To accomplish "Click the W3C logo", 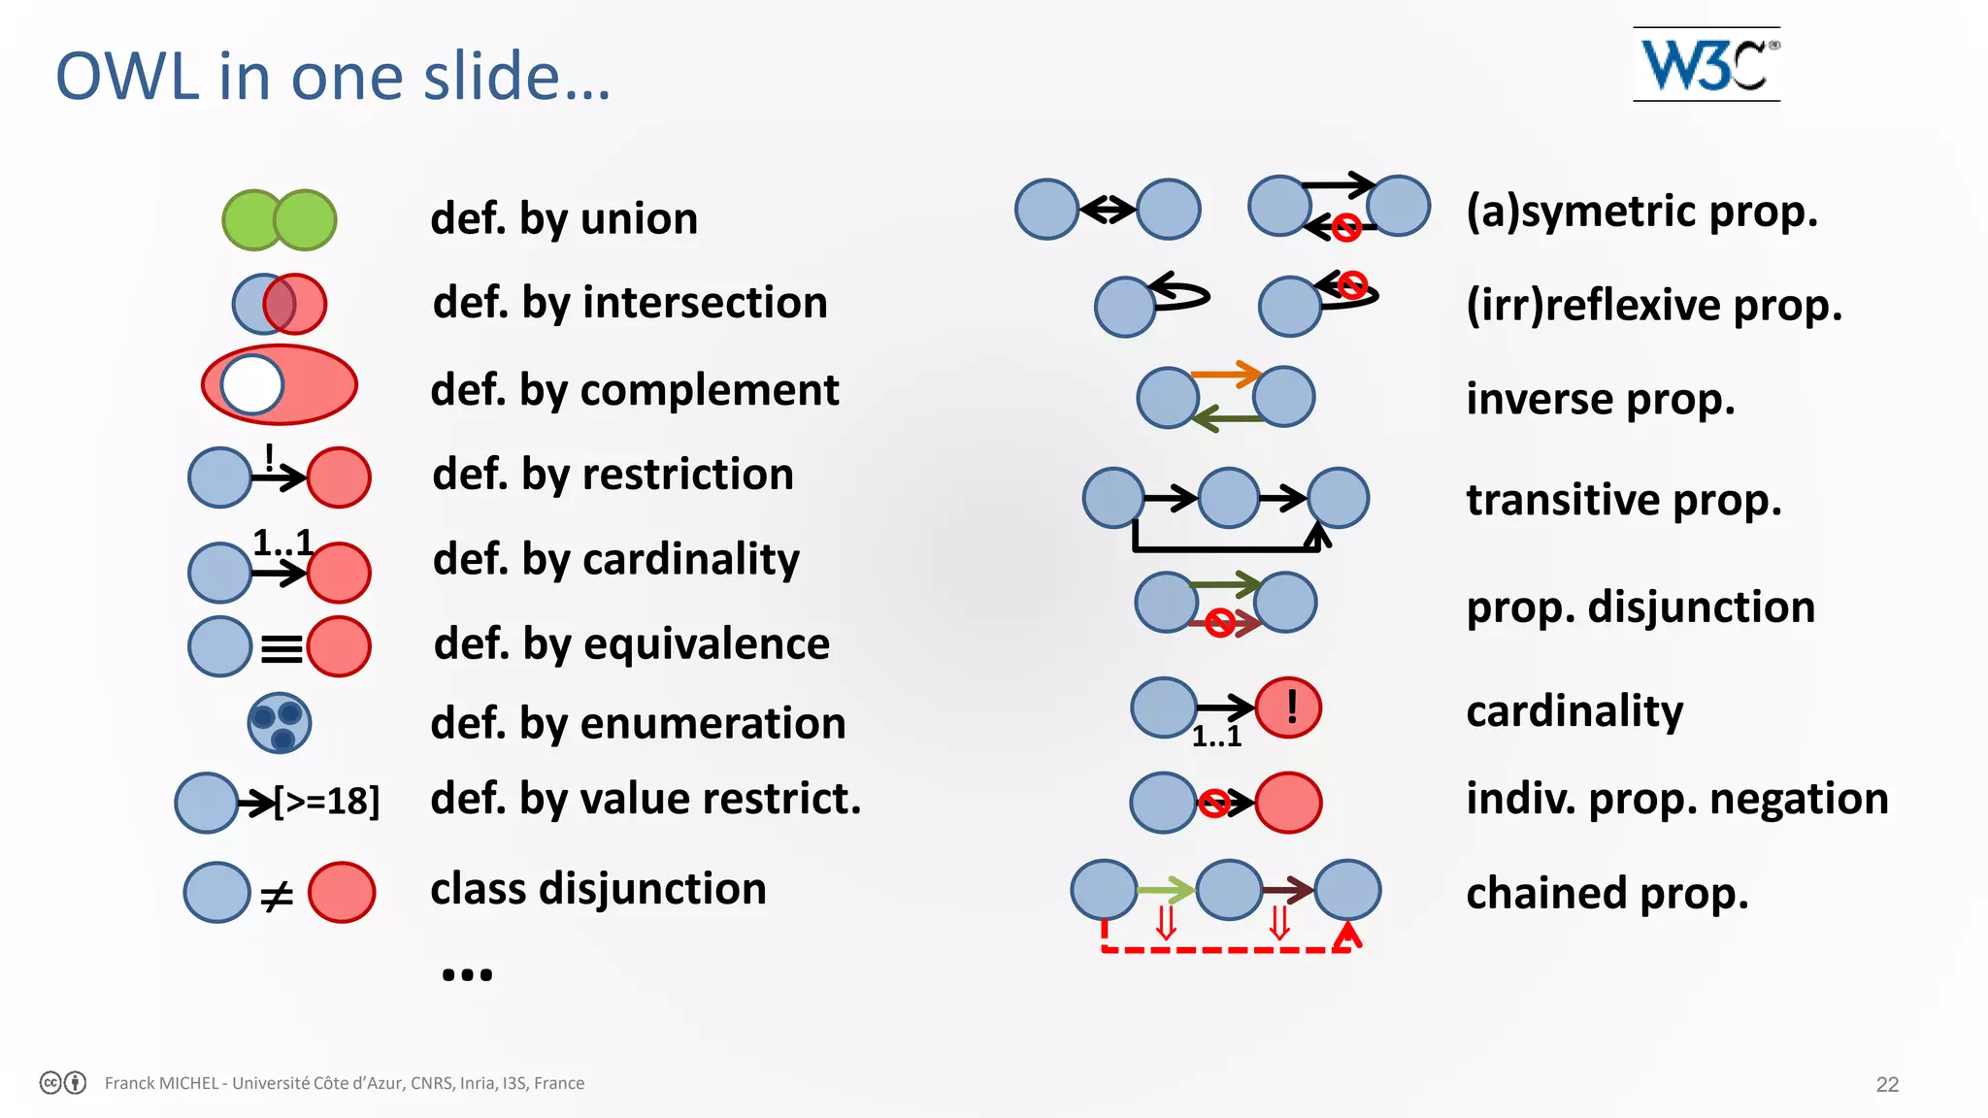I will (x=1706, y=64).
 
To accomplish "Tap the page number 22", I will (x=1887, y=1084).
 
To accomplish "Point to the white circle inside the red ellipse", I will (x=252, y=384).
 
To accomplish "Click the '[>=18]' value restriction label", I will (x=327, y=802).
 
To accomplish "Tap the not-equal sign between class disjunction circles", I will (x=277, y=895).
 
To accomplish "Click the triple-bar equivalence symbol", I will (x=282, y=647).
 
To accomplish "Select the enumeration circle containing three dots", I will (x=280, y=724).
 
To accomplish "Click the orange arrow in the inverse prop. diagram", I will (x=1225, y=374).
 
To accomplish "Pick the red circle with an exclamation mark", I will (x=1289, y=707).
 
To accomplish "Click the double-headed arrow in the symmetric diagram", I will (x=1108, y=209).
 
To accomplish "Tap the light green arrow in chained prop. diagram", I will (x=1165, y=889).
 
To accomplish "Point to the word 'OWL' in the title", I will (x=127, y=78).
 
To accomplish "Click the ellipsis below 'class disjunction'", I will (x=467, y=973).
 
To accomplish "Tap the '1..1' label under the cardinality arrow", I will (x=1216, y=737).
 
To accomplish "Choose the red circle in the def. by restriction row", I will (x=339, y=477).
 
